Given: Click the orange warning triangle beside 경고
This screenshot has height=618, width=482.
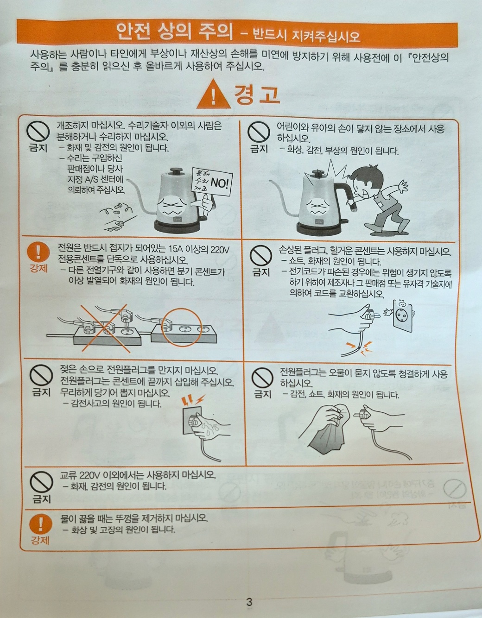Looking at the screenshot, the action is pos(213,95).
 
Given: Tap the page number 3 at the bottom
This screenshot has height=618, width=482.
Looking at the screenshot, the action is pos(249,602).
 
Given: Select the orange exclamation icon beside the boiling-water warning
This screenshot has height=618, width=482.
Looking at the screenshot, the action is pos(41,523).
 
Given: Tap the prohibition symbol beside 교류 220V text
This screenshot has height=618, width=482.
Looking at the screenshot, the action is pos(42,482).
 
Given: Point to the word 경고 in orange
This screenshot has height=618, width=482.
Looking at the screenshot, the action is pos(256,95).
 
